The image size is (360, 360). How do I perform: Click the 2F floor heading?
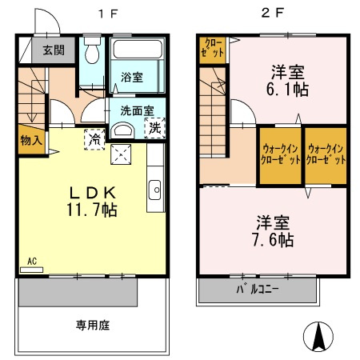coord(273,14)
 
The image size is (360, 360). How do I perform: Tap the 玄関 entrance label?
coord(54,50)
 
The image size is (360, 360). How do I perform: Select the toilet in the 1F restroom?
coord(92,54)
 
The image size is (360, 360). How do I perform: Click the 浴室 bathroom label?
coord(132,78)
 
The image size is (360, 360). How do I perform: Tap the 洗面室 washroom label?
coord(138,110)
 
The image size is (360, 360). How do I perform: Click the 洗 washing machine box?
coord(152,126)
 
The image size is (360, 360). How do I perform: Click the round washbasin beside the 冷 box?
coord(123,130)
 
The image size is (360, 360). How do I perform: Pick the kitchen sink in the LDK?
coord(154,190)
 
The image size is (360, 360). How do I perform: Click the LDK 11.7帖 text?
coord(94,201)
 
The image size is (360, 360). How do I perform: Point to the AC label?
coord(32,261)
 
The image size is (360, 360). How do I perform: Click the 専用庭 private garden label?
coord(93,326)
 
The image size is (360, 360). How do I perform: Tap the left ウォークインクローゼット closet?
coord(280,154)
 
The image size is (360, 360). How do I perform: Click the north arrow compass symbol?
coord(321,335)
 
